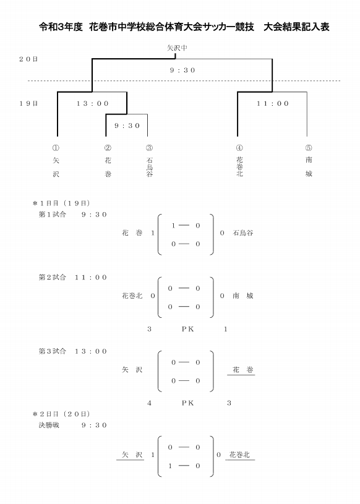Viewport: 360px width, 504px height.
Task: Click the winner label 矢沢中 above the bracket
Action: click(x=177, y=48)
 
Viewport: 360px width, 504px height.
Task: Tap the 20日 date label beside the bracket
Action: click(x=28, y=59)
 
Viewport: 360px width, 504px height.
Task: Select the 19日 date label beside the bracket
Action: click(x=28, y=103)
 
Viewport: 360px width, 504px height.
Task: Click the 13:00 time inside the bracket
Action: click(x=93, y=103)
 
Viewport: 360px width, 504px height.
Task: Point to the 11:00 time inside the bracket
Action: click(x=273, y=103)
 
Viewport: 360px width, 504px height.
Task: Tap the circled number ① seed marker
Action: click(x=56, y=148)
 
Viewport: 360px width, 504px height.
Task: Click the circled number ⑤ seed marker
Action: click(x=309, y=148)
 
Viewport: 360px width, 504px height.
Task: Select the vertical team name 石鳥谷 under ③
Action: click(x=150, y=167)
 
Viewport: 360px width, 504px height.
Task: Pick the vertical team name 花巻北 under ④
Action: click(x=239, y=166)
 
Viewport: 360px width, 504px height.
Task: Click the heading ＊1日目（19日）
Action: click(x=61, y=203)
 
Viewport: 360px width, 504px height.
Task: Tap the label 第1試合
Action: click(x=53, y=215)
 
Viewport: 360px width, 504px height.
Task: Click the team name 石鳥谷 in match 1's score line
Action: click(x=243, y=233)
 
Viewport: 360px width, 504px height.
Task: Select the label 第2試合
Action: click(x=53, y=277)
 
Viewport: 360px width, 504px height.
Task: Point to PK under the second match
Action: click(x=187, y=329)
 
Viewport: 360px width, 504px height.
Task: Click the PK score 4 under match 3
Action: click(x=149, y=403)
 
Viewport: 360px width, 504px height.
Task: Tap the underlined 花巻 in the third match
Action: click(x=243, y=370)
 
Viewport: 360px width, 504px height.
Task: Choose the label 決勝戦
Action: click(x=49, y=425)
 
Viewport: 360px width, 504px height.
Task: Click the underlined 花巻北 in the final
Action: click(x=239, y=455)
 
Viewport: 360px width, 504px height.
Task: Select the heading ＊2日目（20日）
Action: click(x=61, y=414)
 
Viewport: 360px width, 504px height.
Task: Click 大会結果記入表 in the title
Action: click(x=296, y=27)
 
